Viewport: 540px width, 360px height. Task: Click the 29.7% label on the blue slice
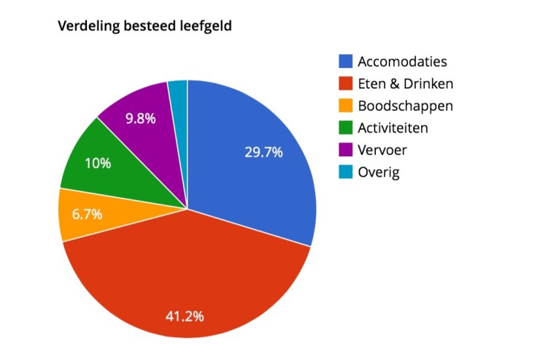point(263,152)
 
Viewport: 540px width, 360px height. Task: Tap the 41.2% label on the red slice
point(183,316)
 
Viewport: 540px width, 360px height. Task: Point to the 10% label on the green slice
point(97,163)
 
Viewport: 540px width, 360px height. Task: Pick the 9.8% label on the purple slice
point(140,118)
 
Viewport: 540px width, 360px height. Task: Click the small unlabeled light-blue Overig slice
point(179,91)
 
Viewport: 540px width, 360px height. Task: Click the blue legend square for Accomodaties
point(344,61)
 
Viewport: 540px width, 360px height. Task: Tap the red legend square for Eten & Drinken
point(344,83)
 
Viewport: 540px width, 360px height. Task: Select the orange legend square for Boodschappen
point(344,106)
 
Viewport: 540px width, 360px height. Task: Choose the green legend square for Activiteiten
point(344,128)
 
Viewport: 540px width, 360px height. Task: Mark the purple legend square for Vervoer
point(344,150)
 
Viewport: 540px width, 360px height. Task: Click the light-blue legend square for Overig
point(344,172)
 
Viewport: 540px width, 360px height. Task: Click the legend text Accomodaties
point(402,61)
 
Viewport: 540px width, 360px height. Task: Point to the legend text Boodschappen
point(405,106)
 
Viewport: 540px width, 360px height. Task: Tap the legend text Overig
point(379,173)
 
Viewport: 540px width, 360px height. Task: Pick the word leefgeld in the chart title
point(207,26)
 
